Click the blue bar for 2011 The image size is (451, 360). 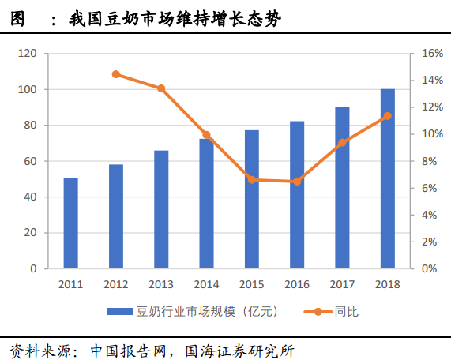pyautogui.click(x=71, y=223)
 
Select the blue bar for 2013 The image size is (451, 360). pyautogui.click(x=161, y=209)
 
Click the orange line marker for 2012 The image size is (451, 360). pyautogui.click(x=116, y=74)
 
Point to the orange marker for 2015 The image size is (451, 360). pyautogui.click(x=252, y=179)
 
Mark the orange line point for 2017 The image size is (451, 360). pyautogui.click(x=342, y=143)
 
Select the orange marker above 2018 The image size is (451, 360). pyautogui.click(x=387, y=116)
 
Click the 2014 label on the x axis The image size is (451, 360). pyautogui.click(x=206, y=284)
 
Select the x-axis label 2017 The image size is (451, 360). pyautogui.click(x=342, y=284)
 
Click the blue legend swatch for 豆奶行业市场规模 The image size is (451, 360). pyautogui.click(x=122, y=312)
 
